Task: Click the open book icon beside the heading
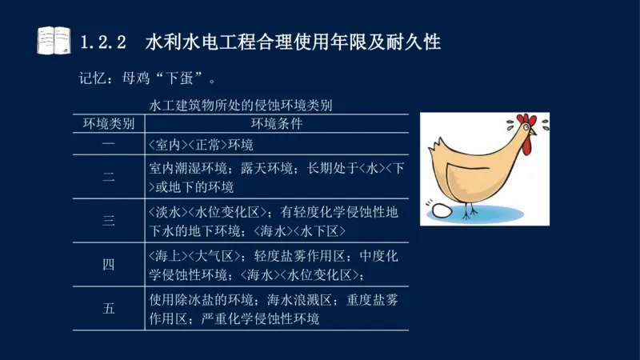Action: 54,41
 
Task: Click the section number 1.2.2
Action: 104,42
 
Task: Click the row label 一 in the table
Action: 109,145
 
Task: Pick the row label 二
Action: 109,178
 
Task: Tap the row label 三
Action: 109,222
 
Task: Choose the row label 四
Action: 109,266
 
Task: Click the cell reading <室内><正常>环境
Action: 201,145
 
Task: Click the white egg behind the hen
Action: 441,211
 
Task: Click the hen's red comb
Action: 526,121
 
